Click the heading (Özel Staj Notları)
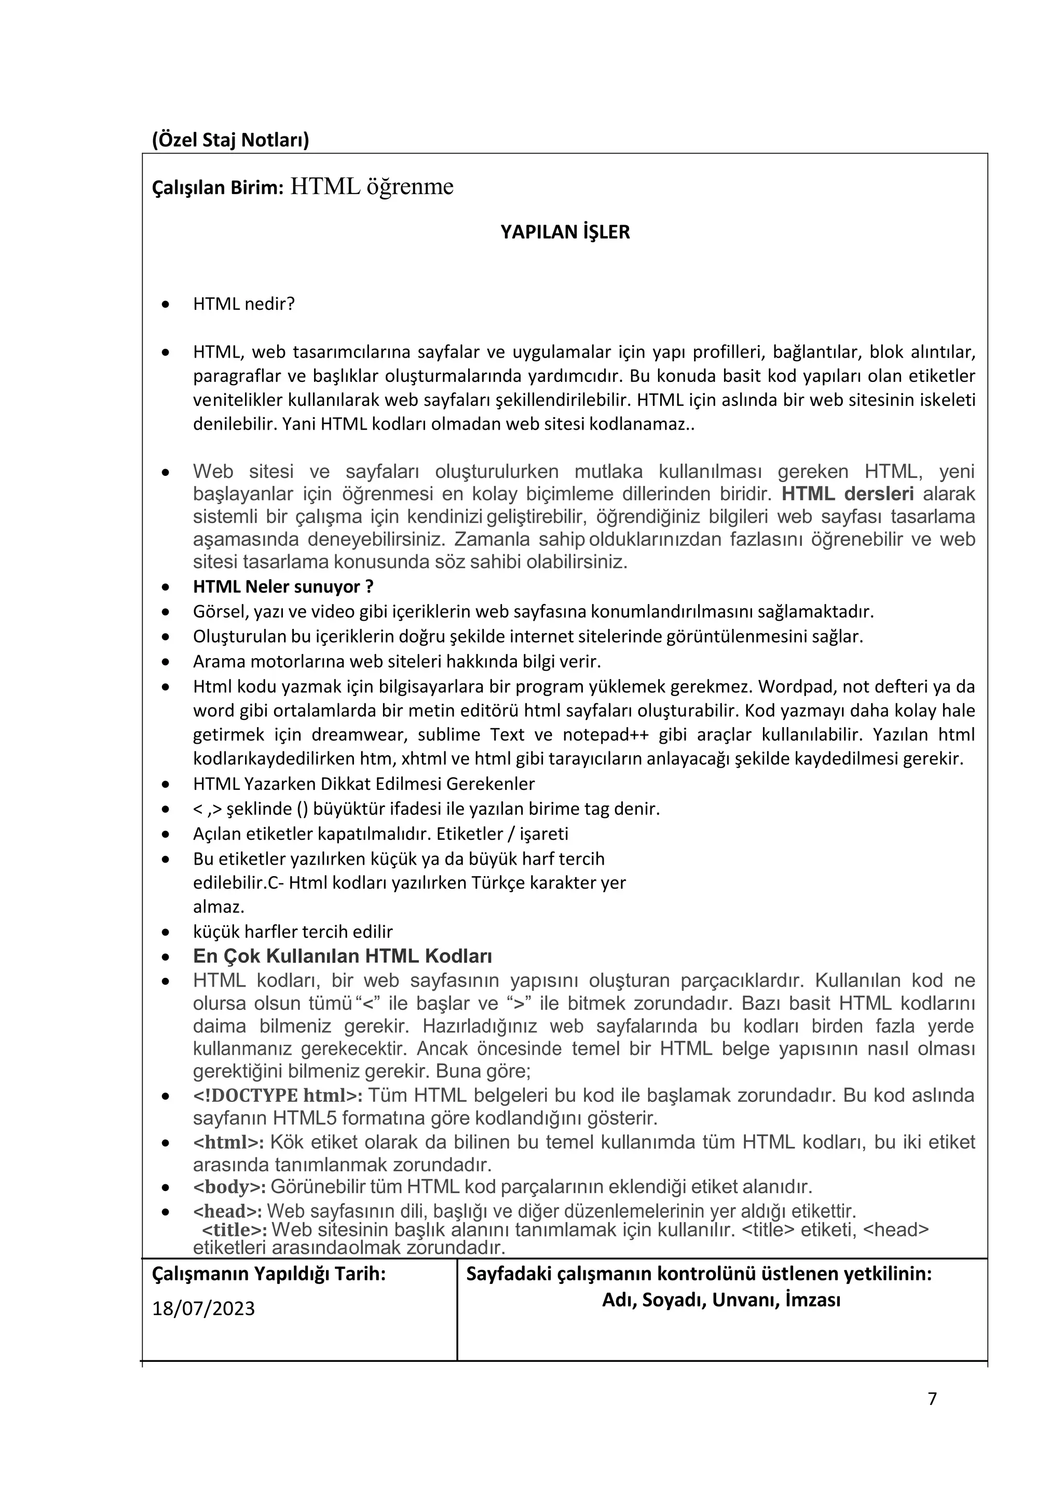click(230, 140)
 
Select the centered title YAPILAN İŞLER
click(565, 233)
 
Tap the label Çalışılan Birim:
click(217, 188)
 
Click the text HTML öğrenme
click(371, 187)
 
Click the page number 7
click(932, 1399)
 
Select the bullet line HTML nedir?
click(243, 304)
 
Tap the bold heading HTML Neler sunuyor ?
click(283, 586)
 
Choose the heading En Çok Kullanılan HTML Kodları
click(342, 956)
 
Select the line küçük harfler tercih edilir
click(293, 932)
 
